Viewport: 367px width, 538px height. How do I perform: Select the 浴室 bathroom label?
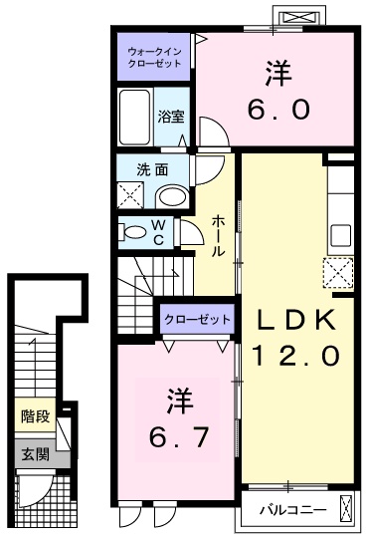[x=171, y=116]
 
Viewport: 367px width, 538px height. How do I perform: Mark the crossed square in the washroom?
[x=130, y=194]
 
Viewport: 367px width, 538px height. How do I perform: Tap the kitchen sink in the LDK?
[x=341, y=235]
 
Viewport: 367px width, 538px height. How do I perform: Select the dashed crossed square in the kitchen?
[x=339, y=270]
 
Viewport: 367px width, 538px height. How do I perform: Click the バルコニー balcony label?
[x=289, y=509]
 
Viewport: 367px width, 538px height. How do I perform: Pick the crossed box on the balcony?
[x=344, y=509]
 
